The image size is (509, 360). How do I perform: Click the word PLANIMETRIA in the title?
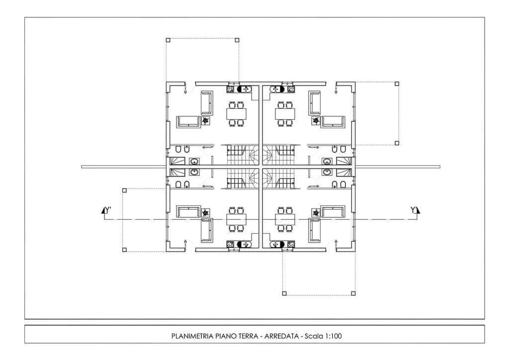192,336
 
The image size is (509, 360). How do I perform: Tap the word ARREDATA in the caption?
281,336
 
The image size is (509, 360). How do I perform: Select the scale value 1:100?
334,336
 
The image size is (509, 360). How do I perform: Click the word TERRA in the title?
249,336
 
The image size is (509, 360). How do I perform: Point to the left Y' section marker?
106,211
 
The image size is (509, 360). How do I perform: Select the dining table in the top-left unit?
236,114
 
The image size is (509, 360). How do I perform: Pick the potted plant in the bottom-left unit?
205,213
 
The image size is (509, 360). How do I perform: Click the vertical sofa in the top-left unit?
206,103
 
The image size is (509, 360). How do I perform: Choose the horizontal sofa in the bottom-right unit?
333,211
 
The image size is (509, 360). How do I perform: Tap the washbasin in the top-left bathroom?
194,161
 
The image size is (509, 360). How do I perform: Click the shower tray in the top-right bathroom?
343,161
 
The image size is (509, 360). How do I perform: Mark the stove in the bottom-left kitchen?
231,244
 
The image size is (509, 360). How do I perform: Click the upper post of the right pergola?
397,84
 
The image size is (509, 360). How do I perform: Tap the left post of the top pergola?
168,40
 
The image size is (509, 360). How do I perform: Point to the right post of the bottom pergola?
353,293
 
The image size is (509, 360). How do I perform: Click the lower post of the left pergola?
124,250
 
